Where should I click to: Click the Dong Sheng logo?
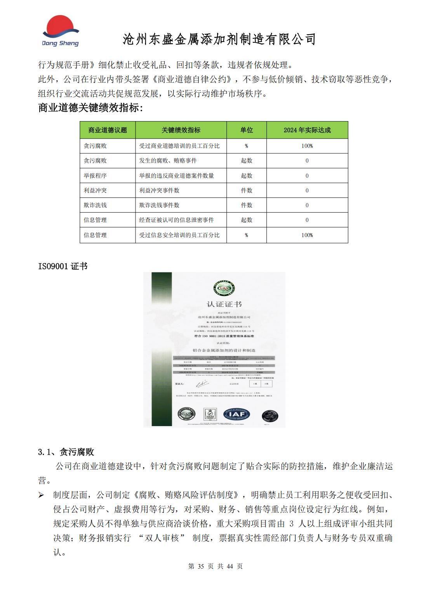(60, 31)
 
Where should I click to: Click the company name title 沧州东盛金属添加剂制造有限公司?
(219, 39)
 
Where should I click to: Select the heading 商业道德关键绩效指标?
(90, 108)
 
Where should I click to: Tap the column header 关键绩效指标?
(181, 130)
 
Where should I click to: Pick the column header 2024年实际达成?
(307, 130)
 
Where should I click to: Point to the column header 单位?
(246, 130)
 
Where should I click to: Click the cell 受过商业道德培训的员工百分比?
(179, 146)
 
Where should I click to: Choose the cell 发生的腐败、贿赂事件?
(168, 161)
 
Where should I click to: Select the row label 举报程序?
(95, 176)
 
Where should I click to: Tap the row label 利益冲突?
(95, 191)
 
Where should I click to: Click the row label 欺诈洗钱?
(95, 205)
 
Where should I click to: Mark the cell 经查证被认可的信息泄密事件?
(176, 220)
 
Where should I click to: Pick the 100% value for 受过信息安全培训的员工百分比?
(307, 235)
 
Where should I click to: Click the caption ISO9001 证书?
(63, 266)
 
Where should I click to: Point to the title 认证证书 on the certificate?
(214, 304)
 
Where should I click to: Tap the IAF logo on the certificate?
(237, 414)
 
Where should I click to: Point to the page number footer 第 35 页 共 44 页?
(215, 566)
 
